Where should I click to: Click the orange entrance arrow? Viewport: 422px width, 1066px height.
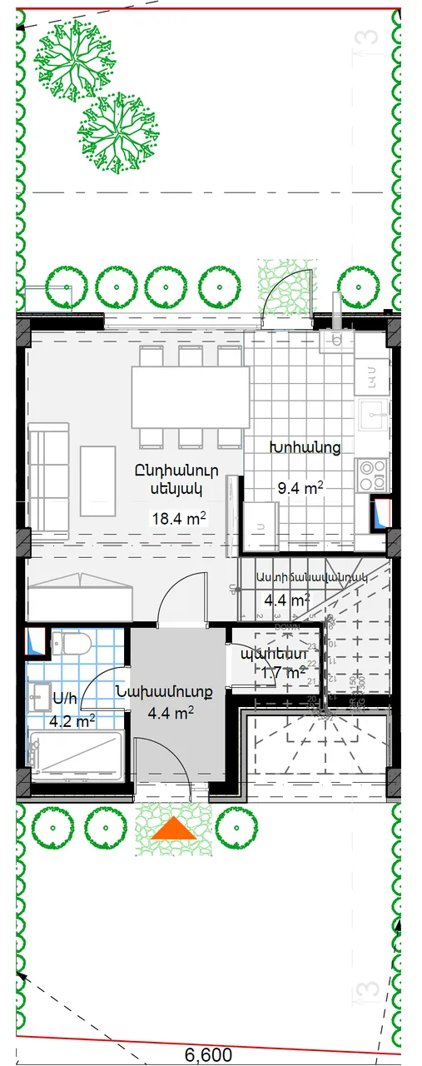click(175, 828)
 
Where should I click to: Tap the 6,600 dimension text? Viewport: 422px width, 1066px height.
click(208, 1054)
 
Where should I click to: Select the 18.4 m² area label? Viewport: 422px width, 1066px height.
click(178, 519)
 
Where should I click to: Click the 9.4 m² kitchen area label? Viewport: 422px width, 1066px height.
click(300, 489)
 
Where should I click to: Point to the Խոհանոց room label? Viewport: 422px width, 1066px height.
click(304, 448)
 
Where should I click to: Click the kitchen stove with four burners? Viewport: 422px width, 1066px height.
click(372, 473)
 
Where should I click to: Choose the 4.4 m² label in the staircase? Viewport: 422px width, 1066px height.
click(285, 600)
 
